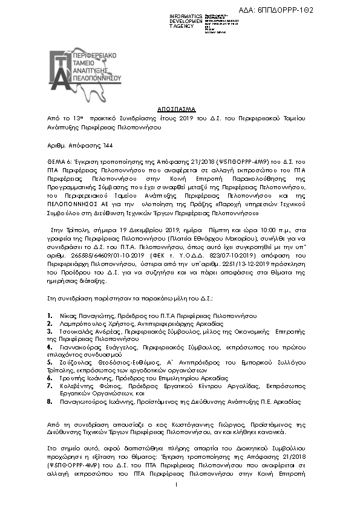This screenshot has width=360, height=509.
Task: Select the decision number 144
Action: (91, 146)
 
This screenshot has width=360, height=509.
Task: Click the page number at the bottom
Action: (175, 484)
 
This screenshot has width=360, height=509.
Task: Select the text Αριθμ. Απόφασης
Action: (66, 146)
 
